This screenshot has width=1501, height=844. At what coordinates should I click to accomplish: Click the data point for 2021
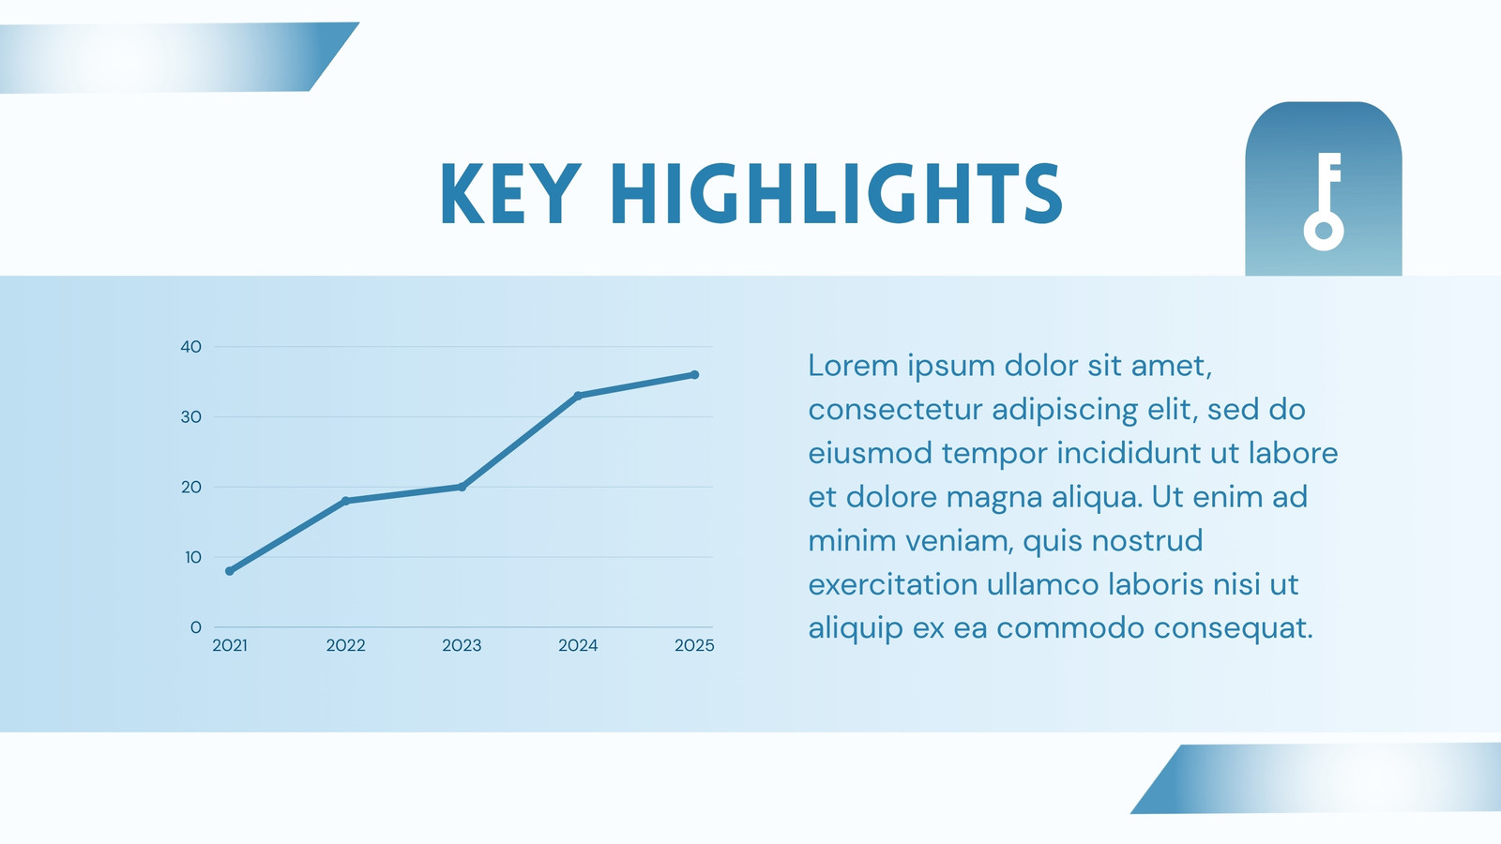pyautogui.click(x=230, y=571)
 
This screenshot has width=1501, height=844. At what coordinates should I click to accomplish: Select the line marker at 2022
pyautogui.click(x=346, y=501)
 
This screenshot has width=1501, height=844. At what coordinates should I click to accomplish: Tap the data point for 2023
pyautogui.click(x=462, y=487)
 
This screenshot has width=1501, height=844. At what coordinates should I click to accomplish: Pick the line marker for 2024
pyautogui.click(x=578, y=395)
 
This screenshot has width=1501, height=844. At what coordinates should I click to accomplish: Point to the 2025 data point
pyautogui.click(x=694, y=374)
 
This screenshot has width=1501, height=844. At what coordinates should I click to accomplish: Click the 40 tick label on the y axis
pyautogui.click(x=191, y=346)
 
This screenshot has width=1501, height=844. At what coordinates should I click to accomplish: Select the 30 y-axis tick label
pyautogui.click(x=191, y=416)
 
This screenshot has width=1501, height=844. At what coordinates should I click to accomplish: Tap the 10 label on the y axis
pyautogui.click(x=193, y=557)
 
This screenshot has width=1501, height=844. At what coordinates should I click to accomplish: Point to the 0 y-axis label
pyautogui.click(x=196, y=627)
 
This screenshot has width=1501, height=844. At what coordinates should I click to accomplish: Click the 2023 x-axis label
pyautogui.click(x=462, y=645)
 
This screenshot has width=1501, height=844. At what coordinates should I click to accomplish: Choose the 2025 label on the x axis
pyautogui.click(x=694, y=645)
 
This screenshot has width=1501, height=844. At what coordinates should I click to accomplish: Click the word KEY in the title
pyautogui.click(x=510, y=193)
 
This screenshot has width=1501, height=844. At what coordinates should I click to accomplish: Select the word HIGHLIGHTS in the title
pyautogui.click(x=837, y=193)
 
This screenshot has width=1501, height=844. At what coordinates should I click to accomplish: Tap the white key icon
pyautogui.click(x=1324, y=202)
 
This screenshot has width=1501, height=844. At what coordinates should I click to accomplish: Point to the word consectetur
pyautogui.click(x=895, y=409)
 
